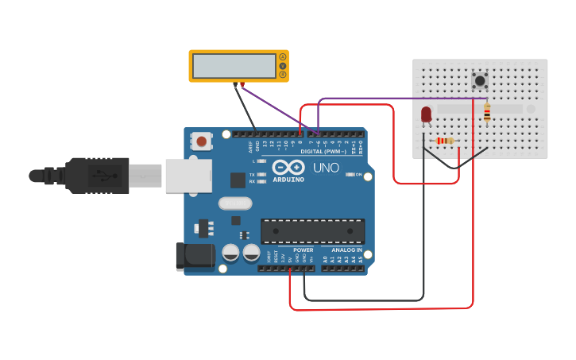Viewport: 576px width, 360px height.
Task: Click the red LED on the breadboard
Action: pos(427,114)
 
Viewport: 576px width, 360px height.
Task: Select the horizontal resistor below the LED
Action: pos(446,141)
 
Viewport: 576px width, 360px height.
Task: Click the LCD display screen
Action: pos(234,66)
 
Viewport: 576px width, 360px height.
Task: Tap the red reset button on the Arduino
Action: pos(202,142)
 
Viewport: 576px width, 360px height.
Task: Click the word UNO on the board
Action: pos(326,168)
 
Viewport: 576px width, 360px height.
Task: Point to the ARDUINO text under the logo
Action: pos(288,180)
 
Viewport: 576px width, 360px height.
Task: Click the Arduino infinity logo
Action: pos(288,168)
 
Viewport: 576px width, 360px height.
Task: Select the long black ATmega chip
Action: pos(313,231)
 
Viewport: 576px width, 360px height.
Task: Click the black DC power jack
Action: pos(194,255)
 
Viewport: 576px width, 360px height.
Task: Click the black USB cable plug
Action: pos(96,175)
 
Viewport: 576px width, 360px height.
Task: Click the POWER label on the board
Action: pos(303,250)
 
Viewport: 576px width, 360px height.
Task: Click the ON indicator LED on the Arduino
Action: pos(350,174)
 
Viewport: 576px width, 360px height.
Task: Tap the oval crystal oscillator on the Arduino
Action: pos(235,203)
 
